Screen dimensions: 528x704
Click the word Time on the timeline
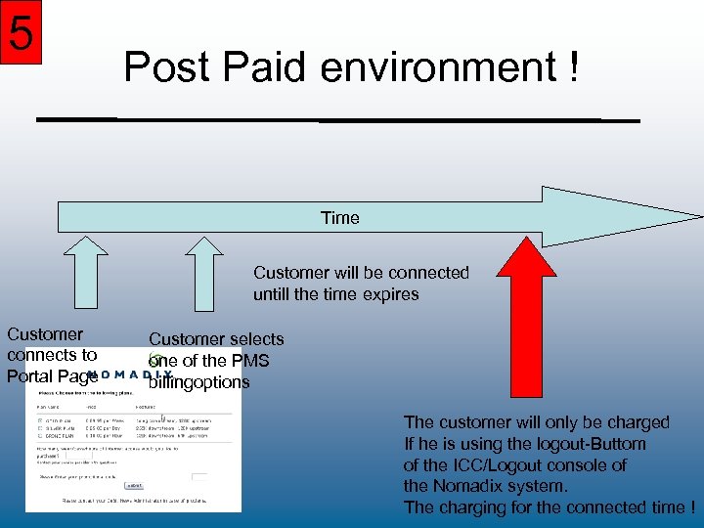point(340,218)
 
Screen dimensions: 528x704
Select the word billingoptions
point(199,382)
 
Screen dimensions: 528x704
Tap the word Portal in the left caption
point(29,376)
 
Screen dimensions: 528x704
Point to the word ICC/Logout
point(502,465)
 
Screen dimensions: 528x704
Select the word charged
point(630,422)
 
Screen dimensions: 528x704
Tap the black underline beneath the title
point(337,119)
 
